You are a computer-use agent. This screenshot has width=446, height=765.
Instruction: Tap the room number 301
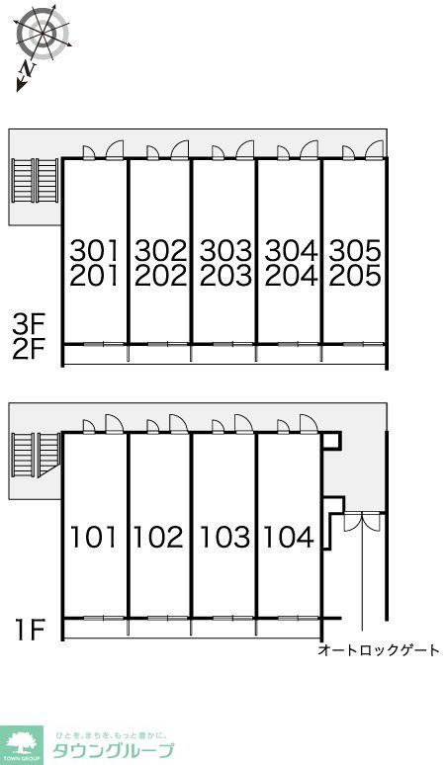[x=94, y=251]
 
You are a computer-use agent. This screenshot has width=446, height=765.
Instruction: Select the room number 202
[x=160, y=276]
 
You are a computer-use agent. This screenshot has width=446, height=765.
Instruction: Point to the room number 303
[x=225, y=251]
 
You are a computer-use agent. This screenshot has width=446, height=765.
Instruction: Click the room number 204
[x=291, y=276]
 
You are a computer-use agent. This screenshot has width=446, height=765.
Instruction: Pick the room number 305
[x=355, y=251]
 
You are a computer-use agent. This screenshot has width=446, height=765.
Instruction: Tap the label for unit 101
[x=94, y=537]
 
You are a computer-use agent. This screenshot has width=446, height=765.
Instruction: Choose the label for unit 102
[x=158, y=537]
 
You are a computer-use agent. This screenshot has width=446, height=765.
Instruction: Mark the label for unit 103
[x=224, y=537]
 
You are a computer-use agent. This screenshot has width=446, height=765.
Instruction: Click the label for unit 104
[x=289, y=537]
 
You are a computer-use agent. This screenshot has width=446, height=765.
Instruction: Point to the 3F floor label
[x=29, y=323]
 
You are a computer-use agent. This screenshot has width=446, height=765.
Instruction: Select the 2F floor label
[x=29, y=349]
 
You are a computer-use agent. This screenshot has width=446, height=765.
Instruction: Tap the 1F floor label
[x=31, y=630]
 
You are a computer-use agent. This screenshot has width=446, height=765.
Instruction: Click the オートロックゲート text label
[x=379, y=650]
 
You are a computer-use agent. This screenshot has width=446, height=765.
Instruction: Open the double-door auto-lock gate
[x=362, y=522]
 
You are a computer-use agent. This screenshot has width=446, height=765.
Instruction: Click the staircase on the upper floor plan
[x=36, y=180]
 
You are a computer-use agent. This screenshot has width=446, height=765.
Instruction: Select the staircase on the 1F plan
[x=36, y=455]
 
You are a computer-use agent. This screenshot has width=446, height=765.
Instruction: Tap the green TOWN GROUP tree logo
[x=21, y=745]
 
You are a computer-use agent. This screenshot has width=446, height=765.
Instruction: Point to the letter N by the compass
[x=30, y=71]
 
